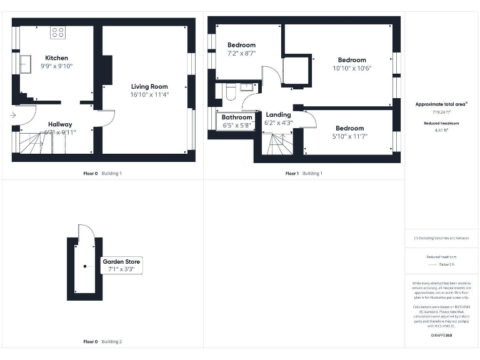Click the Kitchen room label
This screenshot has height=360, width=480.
coord(57,58)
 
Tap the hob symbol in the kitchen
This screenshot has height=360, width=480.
coord(58,32)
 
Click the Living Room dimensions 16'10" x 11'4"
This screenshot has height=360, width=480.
coord(149,94)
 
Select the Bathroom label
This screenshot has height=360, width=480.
coord(237,117)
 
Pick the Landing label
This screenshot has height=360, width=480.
coord(278,115)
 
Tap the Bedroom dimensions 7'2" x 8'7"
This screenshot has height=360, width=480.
coord(241,54)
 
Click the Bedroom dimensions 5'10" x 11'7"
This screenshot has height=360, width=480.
coord(349,136)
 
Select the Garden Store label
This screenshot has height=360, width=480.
coord(122,261)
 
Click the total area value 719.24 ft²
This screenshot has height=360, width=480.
coord(442,112)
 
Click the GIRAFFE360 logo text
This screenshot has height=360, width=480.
coord(442,336)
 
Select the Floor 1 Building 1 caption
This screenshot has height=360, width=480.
coord(304,173)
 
